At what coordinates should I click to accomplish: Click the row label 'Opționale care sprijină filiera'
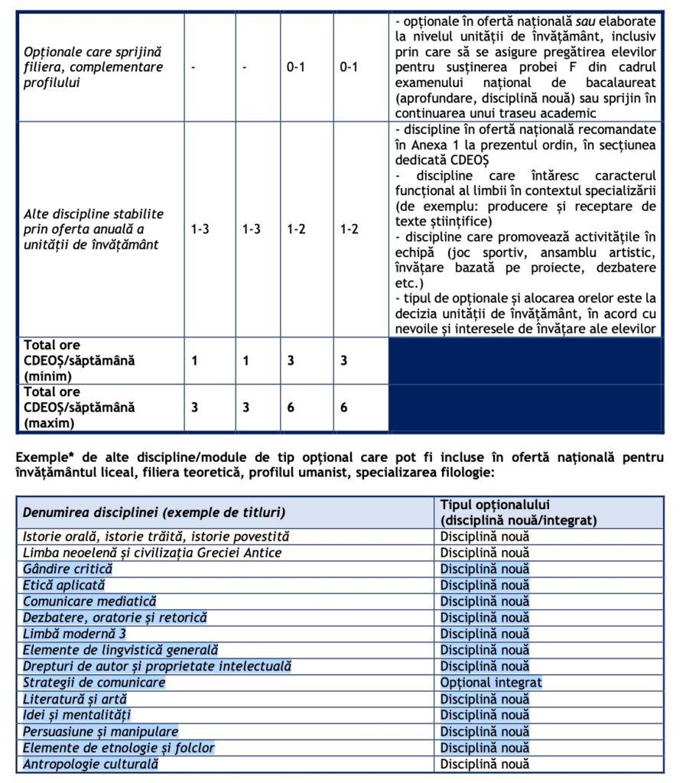[93, 67]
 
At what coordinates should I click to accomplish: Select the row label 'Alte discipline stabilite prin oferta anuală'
[93, 229]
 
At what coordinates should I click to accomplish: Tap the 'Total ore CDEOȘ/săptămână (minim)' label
[79, 360]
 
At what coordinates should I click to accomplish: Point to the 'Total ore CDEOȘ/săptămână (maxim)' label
[79, 407]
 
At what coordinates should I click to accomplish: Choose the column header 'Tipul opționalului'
[518, 512]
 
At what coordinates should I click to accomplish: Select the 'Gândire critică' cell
[67, 569]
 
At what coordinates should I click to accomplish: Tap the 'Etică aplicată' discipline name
[63, 585]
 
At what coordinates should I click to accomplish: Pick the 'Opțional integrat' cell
[491, 682]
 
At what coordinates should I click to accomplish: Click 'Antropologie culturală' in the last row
[90, 763]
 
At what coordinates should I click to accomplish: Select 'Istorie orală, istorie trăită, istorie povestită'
[156, 537]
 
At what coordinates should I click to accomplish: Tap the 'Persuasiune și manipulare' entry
[100, 731]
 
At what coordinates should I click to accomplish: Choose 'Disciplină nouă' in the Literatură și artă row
[484, 698]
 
